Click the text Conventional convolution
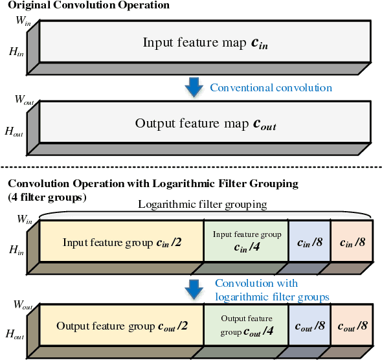tap(271, 87)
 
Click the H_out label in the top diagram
tap(14, 131)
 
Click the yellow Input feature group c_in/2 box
tap(122, 243)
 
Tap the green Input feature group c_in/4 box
tap(246, 241)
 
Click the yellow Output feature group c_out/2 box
tap(122, 326)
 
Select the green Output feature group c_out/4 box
tap(246, 325)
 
